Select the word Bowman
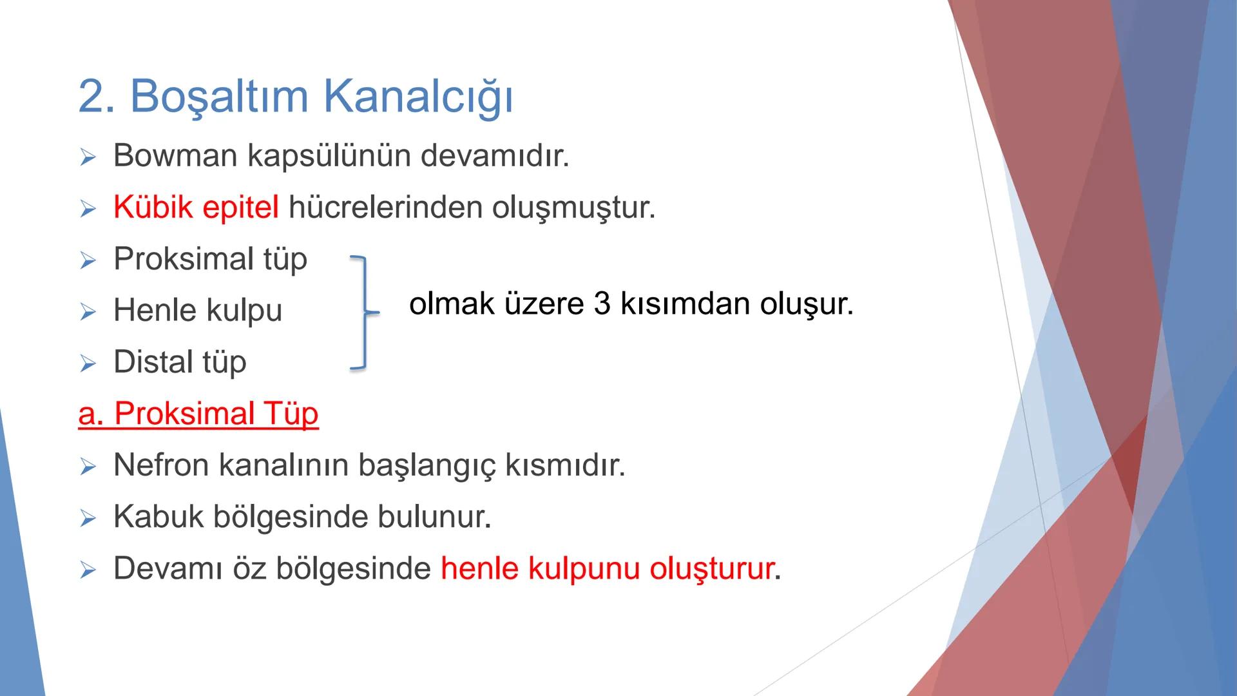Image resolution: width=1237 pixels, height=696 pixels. (175, 156)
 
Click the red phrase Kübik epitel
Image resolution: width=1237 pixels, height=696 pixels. (196, 208)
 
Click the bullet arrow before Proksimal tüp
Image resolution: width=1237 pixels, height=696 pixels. (88, 261)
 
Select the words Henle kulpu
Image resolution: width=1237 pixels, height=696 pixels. (198, 311)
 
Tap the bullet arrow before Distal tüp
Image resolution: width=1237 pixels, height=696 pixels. (88, 364)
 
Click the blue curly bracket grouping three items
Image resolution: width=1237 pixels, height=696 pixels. (364, 313)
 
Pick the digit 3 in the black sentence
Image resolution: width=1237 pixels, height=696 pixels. (602, 304)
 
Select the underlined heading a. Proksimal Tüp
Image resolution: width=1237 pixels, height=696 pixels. (198, 414)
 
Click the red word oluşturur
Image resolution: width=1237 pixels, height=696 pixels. (711, 568)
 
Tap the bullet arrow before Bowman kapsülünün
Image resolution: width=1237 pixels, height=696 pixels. (88, 158)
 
